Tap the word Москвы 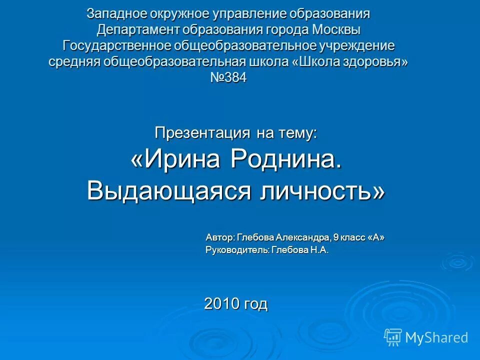pos(336,30)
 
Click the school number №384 pos(228,78)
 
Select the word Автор pos(219,237)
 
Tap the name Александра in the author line pos(304,237)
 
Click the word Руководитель pos(238,250)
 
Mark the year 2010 pos(222,303)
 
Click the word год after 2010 pos(255,303)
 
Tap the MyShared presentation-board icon pos(393,337)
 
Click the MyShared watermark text pos(436,338)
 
